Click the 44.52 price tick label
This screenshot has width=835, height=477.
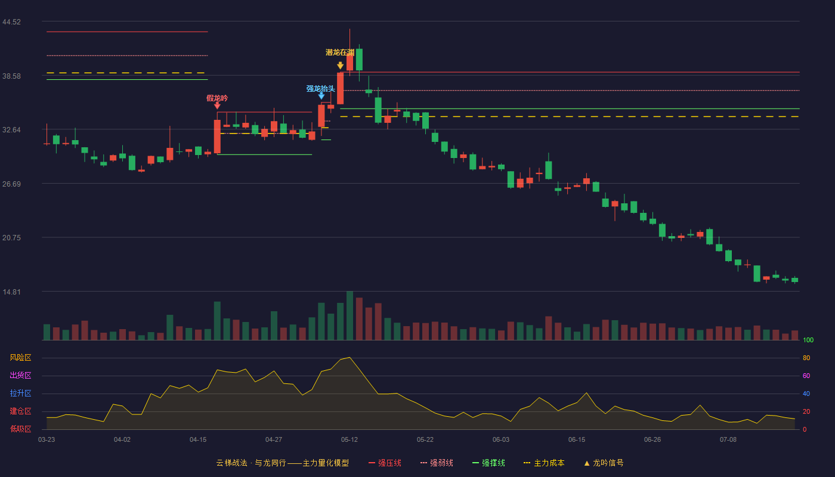click(11, 22)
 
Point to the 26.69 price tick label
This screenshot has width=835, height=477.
click(11, 184)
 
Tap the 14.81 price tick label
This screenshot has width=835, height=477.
click(11, 292)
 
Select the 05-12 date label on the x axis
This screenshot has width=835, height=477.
click(350, 440)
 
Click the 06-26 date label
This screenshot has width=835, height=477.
click(652, 440)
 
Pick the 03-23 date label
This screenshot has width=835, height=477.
click(47, 440)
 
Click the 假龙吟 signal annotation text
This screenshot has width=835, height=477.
click(217, 98)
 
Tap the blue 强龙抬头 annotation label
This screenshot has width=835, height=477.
click(321, 89)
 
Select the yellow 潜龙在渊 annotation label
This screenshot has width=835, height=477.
click(339, 52)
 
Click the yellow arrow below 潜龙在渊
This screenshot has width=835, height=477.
click(340, 66)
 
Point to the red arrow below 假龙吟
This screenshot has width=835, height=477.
click(217, 106)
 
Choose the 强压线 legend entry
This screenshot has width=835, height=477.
click(385, 463)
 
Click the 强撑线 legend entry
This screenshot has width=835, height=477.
click(488, 463)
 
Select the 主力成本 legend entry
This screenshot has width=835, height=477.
click(544, 463)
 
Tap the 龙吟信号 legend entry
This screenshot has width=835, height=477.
click(604, 463)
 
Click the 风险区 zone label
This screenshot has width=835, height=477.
click(20, 358)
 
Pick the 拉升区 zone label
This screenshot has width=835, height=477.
click(20, 393)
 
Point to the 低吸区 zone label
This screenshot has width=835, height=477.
click(20, 429)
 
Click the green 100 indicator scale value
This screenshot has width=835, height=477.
click(808, 340)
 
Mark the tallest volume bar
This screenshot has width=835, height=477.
click(350, 315)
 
